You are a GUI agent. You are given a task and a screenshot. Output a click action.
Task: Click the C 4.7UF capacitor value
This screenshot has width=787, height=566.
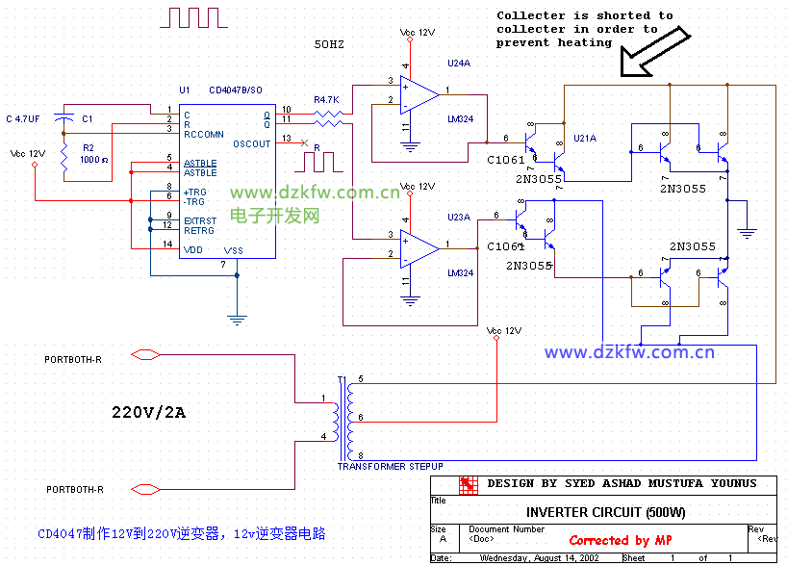23,118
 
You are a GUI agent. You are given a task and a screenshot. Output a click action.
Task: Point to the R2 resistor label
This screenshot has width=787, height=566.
88,147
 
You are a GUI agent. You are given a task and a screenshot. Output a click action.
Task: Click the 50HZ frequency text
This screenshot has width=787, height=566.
329,44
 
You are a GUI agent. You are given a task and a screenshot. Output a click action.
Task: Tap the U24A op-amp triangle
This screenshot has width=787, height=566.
419,94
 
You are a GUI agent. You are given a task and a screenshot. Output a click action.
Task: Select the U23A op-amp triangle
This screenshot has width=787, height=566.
419,247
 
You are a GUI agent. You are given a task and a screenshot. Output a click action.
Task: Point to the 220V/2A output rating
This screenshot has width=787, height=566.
148,413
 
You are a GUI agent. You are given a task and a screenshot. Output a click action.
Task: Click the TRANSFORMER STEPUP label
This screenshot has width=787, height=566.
390,466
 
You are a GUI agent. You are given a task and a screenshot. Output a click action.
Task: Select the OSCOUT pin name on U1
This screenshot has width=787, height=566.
252,144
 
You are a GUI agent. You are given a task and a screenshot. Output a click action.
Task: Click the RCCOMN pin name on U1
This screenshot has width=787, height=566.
203,134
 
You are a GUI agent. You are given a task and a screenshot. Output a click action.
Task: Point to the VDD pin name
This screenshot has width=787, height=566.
193,250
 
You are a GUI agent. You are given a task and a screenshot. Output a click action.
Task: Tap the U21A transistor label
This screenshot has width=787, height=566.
585,139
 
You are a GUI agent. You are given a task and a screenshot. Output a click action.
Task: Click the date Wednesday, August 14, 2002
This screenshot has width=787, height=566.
540,557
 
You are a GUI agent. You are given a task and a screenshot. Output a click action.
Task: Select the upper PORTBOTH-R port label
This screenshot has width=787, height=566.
73,359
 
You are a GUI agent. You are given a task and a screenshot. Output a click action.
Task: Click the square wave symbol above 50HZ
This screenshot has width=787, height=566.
196,16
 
